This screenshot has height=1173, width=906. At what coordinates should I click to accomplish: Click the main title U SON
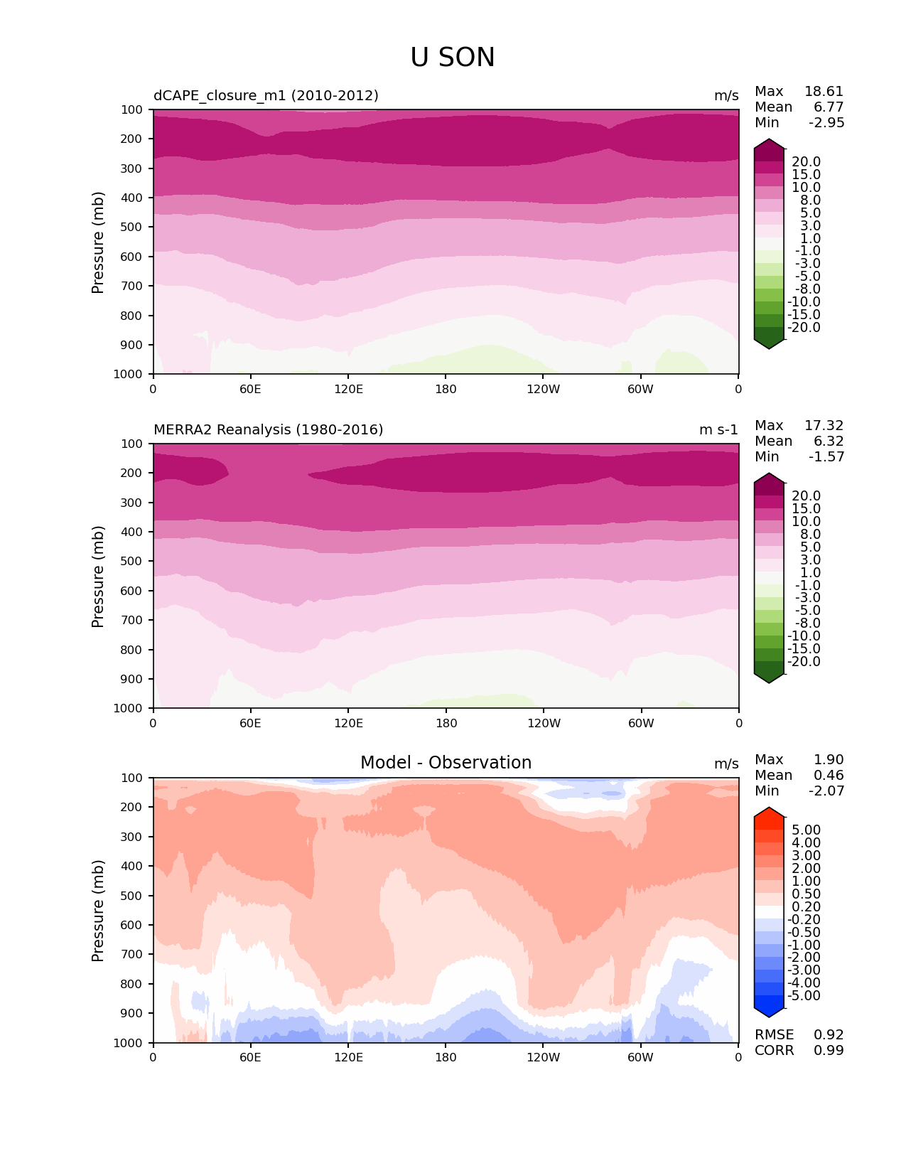click(x=453, y=58)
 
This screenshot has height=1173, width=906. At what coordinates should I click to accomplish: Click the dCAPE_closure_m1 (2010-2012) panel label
click(x=266, y=96)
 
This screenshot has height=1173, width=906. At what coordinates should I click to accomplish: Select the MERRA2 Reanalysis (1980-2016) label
click(x=268, y=430)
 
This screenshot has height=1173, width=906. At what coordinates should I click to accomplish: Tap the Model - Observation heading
click(x=446, y=763)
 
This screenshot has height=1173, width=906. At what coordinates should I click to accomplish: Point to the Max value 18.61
click(x=824, y=92)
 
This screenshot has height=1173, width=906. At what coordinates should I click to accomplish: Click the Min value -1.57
click(x=826, y=457)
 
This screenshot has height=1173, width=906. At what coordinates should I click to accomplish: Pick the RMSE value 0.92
click(x=829, y=1035)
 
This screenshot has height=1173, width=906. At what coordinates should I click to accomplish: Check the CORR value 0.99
click(x=829, y=1051)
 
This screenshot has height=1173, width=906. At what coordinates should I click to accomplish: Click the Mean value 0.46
click(x=829, y=776)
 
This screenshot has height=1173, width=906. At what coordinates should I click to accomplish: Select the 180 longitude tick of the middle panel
click(x=446, y=724)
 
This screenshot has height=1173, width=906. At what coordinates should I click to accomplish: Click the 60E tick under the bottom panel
click(x=250, y=1058)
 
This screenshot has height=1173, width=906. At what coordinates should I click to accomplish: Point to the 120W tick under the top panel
click(x=544, y=390)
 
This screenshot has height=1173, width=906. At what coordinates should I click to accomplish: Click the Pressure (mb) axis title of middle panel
click(x=98, y=577)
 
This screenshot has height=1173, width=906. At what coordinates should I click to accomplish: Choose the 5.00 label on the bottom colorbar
click(x=807, y=830)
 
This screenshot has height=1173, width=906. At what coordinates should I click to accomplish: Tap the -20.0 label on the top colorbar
click(x=804, y=328)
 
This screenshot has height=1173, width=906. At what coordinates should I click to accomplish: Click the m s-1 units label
click(x=718, y=430)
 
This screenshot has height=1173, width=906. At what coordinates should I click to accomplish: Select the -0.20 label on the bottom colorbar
click(x=804, y=920)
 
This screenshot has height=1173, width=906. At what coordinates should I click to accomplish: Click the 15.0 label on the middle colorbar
click(x=807, y=509)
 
